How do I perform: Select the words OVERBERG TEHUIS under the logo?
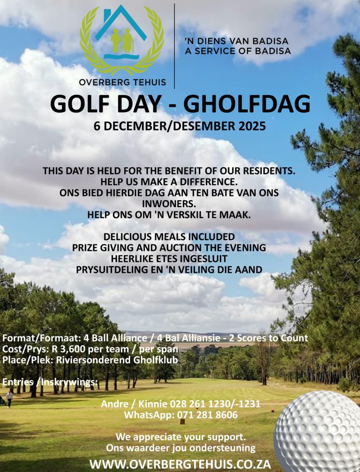(x=122, y=82)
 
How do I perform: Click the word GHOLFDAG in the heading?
(x=247, y=104)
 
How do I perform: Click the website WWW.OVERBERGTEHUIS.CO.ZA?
(x=180, y=464)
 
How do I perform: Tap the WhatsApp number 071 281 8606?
(x=206, y=415)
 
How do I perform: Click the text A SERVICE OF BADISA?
(x=238, y=51)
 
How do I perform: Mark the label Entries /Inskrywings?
(x=50, y=382)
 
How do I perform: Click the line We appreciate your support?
(x=180, y=437)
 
